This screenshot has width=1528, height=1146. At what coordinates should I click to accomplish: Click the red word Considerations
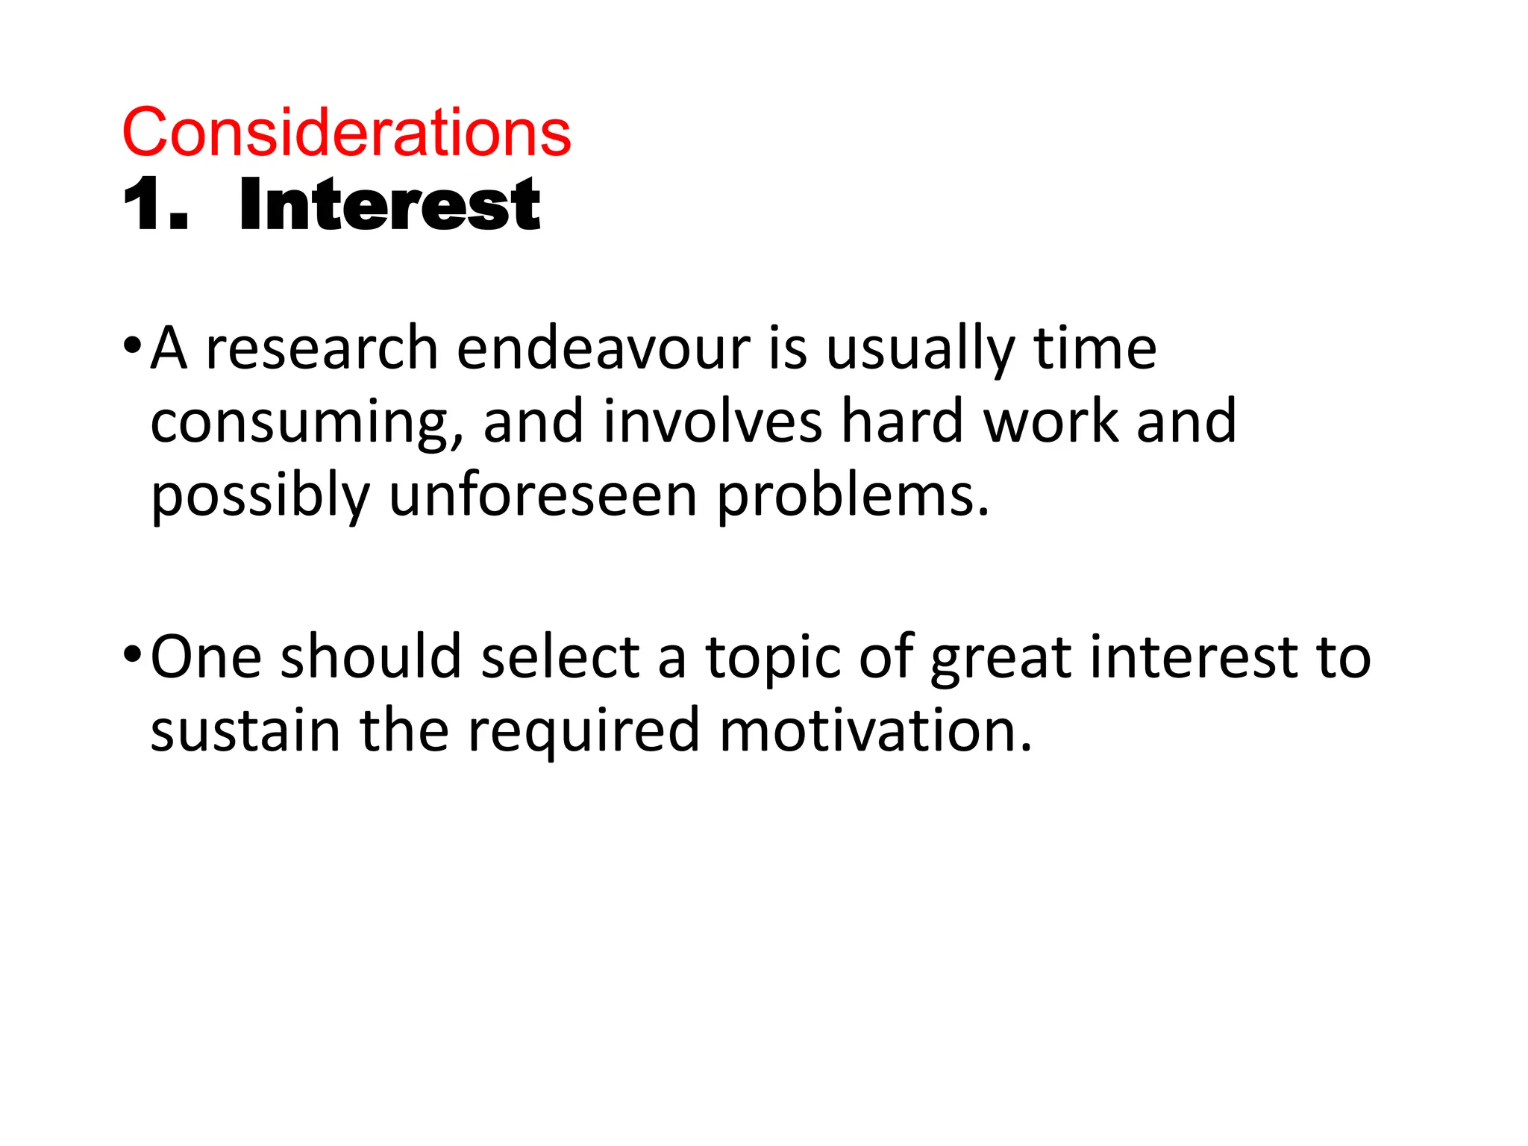click(x=346, y=133)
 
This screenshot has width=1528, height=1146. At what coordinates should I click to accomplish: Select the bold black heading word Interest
click(x=389, y=205)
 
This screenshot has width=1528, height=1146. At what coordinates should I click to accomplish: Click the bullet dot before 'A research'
click(x=132, y=346)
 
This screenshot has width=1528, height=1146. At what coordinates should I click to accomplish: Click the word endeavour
click(x=603, y=348)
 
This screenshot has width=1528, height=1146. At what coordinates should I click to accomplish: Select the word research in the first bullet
click(x=322, y=348)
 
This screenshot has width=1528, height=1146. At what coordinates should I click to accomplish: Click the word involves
click(x=713, y=422)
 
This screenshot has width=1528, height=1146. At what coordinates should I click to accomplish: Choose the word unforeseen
click(x=543, y=495)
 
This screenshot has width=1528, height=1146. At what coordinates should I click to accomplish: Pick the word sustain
click(x=245, y=730)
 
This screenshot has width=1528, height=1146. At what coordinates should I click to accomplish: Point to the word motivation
click(x=876, y=730)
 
